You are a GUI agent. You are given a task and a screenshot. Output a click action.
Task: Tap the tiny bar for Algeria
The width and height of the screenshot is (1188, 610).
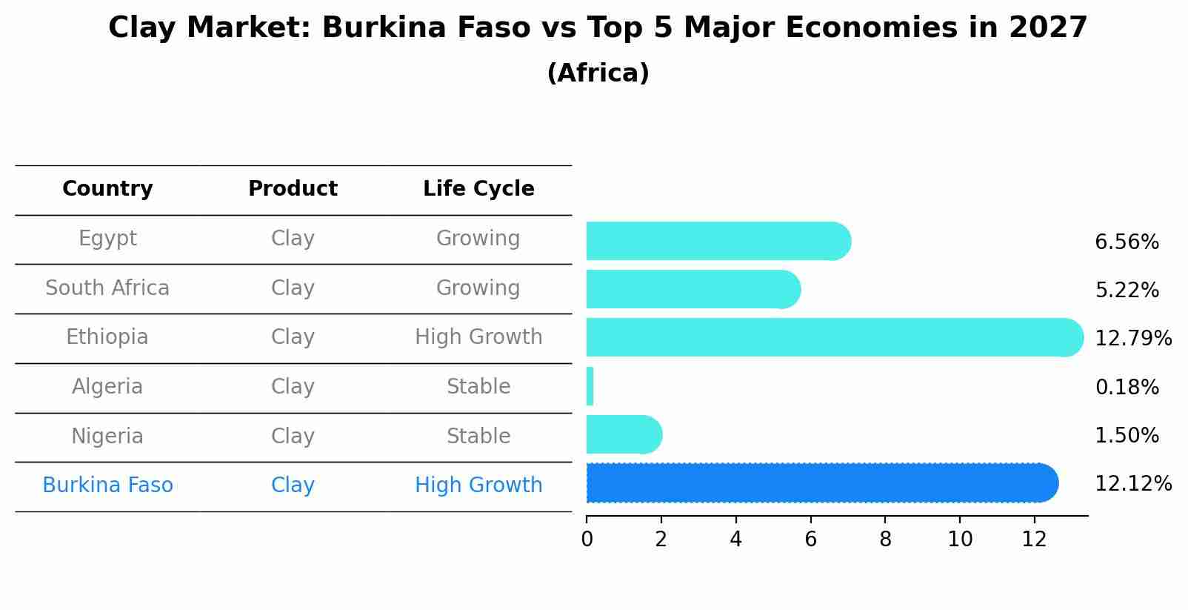(590, 386)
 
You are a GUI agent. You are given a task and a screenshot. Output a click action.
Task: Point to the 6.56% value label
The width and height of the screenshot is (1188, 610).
(1127, 242)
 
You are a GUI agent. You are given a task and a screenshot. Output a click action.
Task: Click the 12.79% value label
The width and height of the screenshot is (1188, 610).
(1133, 339)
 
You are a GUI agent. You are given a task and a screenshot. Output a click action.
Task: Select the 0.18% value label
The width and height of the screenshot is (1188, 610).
(1127, 387)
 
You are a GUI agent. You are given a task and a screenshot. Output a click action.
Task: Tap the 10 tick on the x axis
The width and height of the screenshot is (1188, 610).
(960, 540)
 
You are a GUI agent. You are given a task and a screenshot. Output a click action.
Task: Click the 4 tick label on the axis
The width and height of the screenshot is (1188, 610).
(735, 540)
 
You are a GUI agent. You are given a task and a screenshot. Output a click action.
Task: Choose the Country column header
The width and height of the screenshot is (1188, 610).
(107, 189)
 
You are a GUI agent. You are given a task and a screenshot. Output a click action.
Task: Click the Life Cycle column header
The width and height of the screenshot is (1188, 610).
(478, 189)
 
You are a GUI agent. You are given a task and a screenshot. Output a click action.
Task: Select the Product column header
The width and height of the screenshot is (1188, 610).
(293, 189)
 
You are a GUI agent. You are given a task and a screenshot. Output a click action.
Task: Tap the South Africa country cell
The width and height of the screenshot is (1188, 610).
(107, 288)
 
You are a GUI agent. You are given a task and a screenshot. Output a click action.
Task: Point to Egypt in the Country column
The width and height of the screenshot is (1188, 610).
(107, 239)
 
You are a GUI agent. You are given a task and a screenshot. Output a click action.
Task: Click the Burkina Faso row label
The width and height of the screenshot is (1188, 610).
(107, 485)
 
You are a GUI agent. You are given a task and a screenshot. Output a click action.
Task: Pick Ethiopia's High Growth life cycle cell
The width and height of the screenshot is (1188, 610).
(478, 337)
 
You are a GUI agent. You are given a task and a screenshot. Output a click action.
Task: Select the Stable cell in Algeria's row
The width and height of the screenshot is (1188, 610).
(478, 387)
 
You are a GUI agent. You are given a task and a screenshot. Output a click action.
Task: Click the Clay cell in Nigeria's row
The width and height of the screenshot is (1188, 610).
(293, 436)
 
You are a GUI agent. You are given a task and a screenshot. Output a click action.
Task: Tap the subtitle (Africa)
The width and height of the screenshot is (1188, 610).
(598, 73)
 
